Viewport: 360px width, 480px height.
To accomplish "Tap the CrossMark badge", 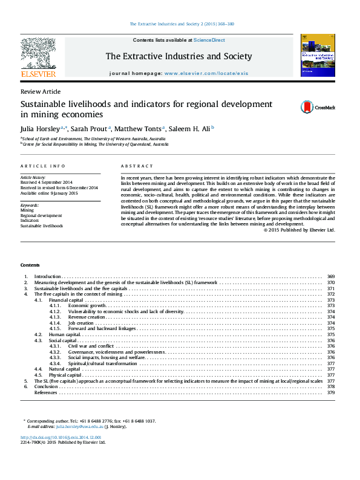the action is click(317, 108).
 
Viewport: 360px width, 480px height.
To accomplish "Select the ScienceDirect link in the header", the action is click(209, 40).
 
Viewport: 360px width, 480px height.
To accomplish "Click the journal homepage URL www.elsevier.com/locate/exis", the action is click(206, 73).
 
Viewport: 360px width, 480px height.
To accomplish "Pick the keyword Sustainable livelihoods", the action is click(41, 225).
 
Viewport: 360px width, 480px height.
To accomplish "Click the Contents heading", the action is click(30, 265).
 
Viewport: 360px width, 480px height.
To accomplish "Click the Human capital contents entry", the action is click(65, 334).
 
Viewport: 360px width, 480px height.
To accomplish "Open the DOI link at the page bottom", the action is click(61, 437).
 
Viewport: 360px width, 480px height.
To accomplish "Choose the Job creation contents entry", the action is click(80, 323).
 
